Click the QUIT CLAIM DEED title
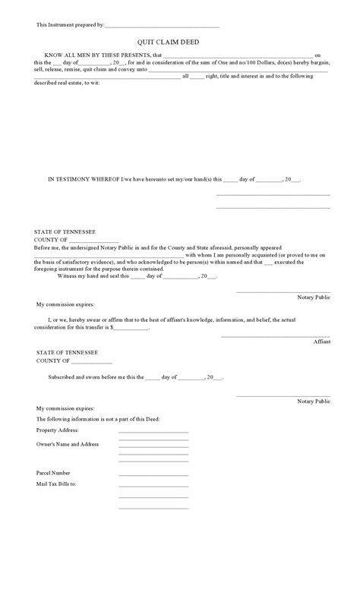[x=179, y=43]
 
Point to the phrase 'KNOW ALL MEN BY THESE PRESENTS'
[x=98, y=55]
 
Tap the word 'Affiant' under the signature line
[x=322, y=342]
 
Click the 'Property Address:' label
[x=58, y=430]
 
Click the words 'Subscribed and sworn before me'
[x=85, y=376]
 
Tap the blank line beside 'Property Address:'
[x=153, y=432]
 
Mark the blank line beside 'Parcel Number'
[x=153, y=474]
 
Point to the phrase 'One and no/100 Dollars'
[x=262, y=62]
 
